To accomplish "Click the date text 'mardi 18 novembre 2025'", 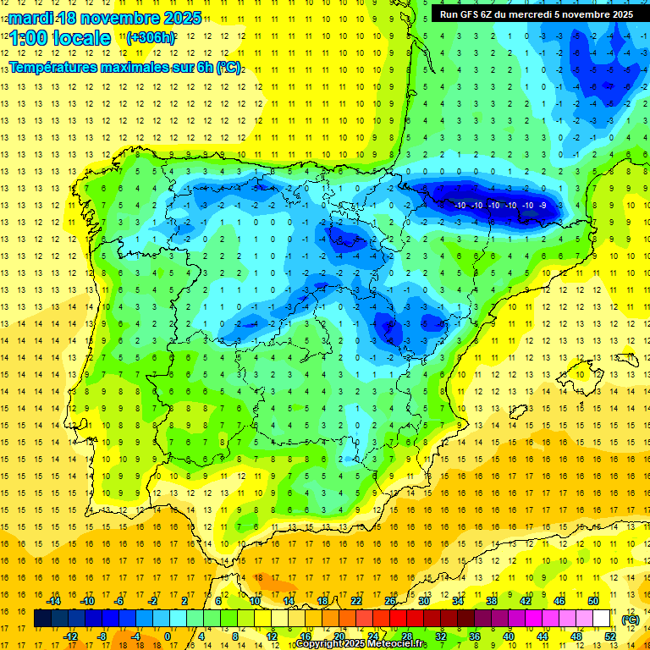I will (105, 18).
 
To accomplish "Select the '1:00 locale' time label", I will (59, 38).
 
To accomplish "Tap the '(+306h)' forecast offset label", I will (151, 37).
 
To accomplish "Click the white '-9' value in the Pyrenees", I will (543, 206).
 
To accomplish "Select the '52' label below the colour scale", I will (609, 636).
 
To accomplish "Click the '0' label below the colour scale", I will (168, 636).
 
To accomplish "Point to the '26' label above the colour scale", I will (390, 601).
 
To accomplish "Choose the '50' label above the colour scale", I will (592, 601).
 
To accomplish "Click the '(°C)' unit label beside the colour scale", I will (630, 620).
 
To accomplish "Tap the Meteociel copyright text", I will (361, 644).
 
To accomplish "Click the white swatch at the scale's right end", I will (609, 619).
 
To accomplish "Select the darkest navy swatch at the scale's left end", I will (42, 619).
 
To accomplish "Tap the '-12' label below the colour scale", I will (70, 636).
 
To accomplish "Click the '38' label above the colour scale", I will (492, 601).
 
